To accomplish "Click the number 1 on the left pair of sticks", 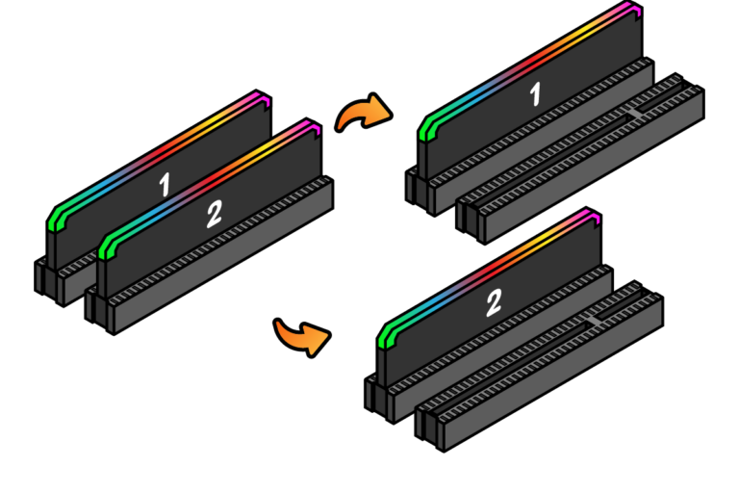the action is tap(165, 182).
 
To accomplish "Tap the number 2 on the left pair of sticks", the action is tap(214, 213).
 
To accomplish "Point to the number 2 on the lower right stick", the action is tap(493, 302).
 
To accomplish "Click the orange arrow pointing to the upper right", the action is tap(363, 116).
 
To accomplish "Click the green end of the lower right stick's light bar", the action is tap(388, 336).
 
